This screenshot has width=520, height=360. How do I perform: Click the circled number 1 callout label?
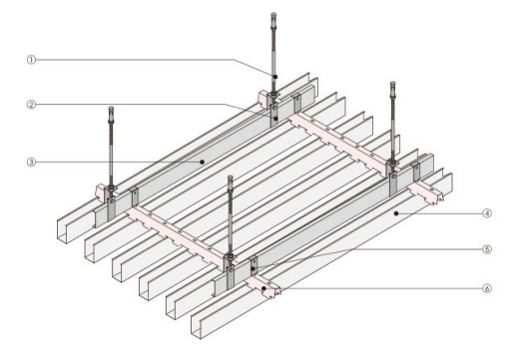[x=31, y=60]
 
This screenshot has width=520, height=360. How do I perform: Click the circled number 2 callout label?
[x=31, y=105]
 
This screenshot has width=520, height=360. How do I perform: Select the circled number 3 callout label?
[x=31, y=163]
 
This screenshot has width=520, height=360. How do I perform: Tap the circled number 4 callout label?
[x=487, y=213]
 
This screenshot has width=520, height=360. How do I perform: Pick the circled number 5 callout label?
[x=487, y=249]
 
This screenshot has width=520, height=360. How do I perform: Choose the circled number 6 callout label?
[x=487, y=288]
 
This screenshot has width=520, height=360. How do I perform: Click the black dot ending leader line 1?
[x=275, y=77]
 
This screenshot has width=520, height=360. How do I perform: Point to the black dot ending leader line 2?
[x=275, y=119]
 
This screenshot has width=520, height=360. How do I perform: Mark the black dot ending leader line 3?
[x=202, y=163]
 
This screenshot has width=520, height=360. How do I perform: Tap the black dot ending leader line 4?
[x=396, y=213]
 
